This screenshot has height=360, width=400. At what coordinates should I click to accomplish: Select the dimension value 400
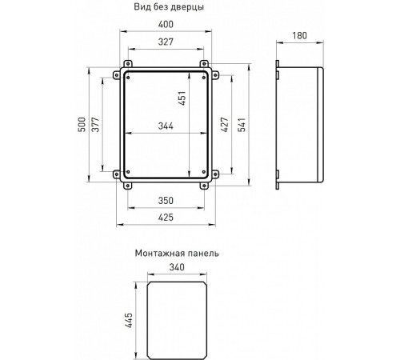pyautogui.click(x=168, y=26)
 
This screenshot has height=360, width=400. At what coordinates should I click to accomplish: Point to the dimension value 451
pyautogui.click(x=182, y=98)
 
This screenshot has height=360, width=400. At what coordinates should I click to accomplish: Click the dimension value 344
pyautogui.click(x=168, y=126)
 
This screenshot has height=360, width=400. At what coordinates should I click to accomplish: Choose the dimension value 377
pyautogui.click(x=96, y=126)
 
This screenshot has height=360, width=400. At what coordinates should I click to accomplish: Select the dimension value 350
pyautogui.click(x=168, y=201)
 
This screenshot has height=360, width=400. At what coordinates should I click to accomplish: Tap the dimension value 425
pyautogui.click(x=168, y=216)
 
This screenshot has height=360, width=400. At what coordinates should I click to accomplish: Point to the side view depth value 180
pyautogui.click(x=301, y=35)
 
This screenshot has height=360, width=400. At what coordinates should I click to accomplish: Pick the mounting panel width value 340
pyautogui.click(x=177, y=269)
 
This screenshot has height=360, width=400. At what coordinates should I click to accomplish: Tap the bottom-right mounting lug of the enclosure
pyautogui.click(x=206, y=185)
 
